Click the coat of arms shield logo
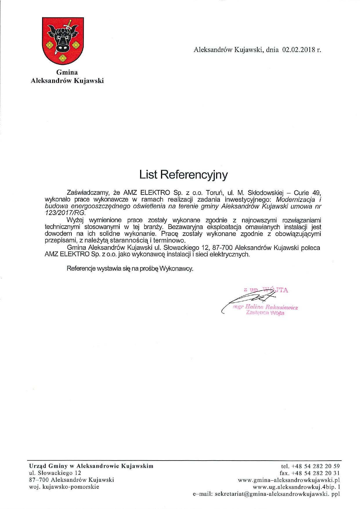[63, 41]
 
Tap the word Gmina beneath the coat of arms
[67, 72]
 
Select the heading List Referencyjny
[183, 175]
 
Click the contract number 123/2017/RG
[65, 213]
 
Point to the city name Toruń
[214, 193]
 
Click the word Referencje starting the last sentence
[81, 268]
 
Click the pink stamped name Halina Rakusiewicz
[271, 307]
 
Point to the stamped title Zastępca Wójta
[265, 313]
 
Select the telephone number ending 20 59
[315, 466]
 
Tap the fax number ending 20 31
[315, 473]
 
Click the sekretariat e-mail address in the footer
[277, 494]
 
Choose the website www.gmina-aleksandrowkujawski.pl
[289, 480]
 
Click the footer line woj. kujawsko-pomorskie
[64, 487]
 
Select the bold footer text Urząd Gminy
[48, 466]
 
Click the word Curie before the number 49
[301, 193]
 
